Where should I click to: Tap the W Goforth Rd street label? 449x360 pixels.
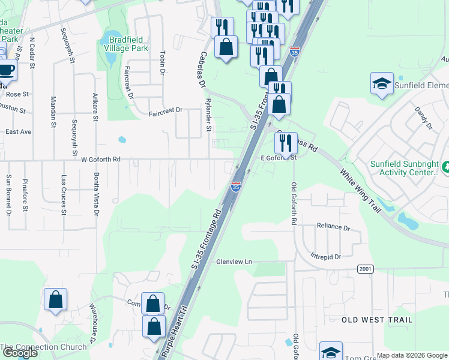coord(101,160)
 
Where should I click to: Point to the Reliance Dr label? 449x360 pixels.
coord(333,228)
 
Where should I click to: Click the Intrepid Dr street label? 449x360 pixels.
coord(325,257)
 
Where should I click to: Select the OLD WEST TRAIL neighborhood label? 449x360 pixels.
coord(377,320)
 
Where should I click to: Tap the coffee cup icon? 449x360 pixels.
coord(7,70)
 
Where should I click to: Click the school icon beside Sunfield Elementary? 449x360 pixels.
coord(382,85)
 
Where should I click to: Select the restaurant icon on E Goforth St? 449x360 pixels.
coord(286,143)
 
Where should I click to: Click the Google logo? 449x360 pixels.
coord(20,353)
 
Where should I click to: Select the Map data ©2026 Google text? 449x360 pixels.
coord(412,355)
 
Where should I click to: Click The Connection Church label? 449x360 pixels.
coord(43,347)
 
